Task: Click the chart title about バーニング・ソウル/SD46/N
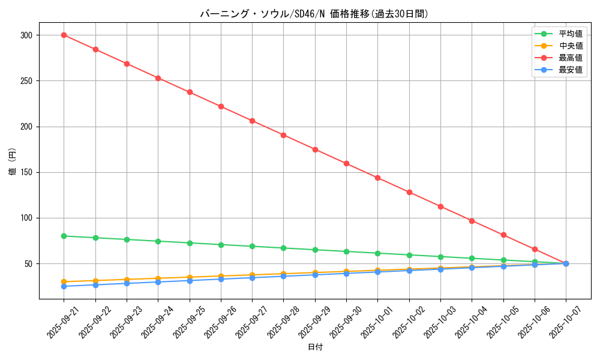pos(314,14)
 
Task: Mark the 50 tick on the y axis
pos(28,264)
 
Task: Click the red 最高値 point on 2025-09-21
pos(64,35)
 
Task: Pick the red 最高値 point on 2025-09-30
pos(346,163)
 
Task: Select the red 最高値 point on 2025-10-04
pos(472,221)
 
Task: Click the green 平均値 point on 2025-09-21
pos(64,236)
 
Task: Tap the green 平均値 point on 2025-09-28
pos(283,248)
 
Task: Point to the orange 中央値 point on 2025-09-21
pos(64,281)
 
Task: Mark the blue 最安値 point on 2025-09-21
pos(64,286)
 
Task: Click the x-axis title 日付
pos(314,347)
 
